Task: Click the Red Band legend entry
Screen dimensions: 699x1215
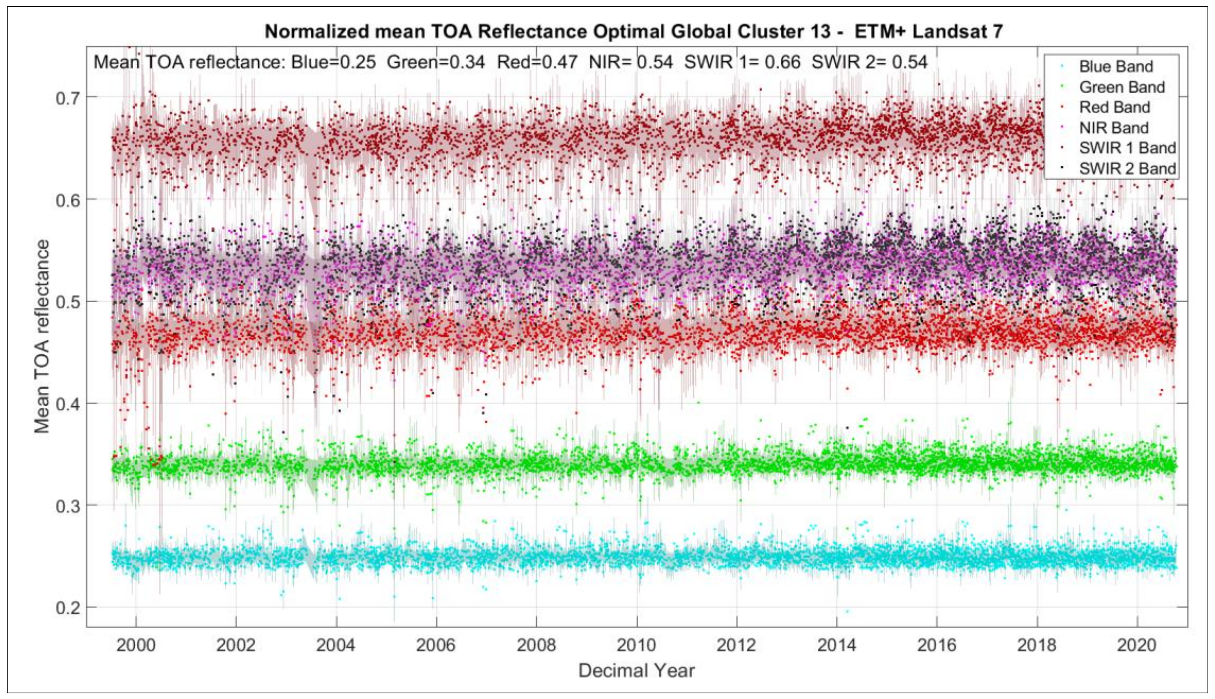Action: click(1114, 107)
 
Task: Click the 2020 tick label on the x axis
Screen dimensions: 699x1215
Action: click(1137, 645)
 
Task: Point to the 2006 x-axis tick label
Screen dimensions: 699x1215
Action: click(436, 645)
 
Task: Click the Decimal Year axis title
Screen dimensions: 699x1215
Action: click(636, 671)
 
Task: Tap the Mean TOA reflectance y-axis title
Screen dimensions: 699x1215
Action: click(42, 336)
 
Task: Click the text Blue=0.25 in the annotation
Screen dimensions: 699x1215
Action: click(334, 63)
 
